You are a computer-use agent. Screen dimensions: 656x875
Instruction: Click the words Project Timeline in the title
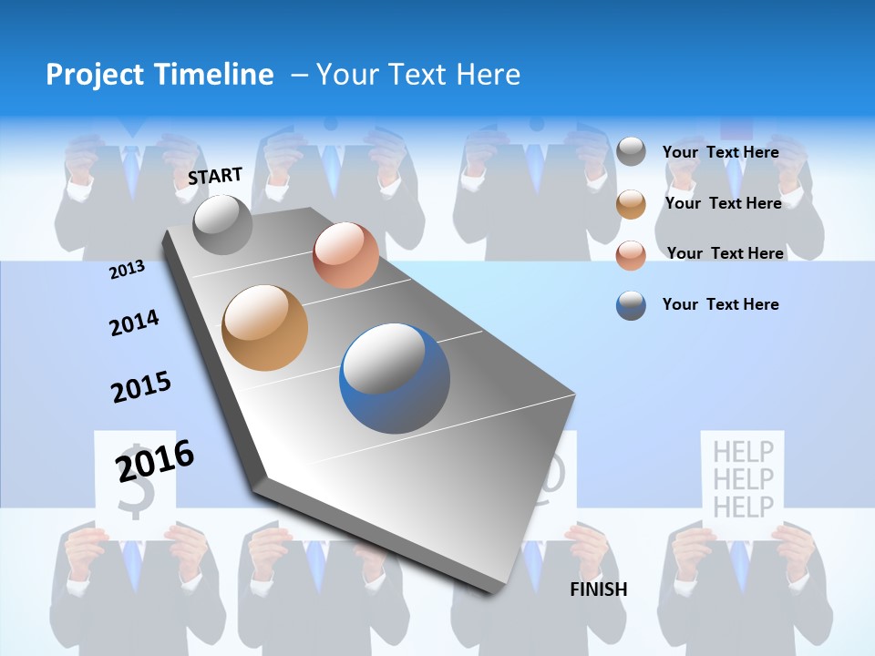tap(160, 75)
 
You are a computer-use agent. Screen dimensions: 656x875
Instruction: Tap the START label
tap(215, 176)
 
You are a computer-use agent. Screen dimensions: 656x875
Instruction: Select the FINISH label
tap(599, 589)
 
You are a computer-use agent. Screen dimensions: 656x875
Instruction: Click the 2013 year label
tap(127, 270)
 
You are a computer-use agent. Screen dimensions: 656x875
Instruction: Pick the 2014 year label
tap(134, 323)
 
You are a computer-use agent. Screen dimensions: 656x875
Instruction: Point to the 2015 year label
tap(141, 387)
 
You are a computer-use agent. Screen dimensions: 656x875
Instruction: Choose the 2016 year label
tap(155, 460)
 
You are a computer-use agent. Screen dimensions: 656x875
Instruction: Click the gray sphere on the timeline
tap(222, 224)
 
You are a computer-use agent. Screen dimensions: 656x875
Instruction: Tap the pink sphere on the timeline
tap(345, 255)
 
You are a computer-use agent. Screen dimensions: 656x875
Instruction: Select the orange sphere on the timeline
tap(265, 328)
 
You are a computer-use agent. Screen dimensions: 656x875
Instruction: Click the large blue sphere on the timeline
tap(395, 378)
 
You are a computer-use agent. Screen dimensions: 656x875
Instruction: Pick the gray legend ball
tap(631, 151)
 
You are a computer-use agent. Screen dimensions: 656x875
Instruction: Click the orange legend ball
tap(631, 204)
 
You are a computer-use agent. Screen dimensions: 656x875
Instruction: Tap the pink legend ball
tap(631, 255)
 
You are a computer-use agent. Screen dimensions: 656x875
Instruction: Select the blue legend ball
tap(631, 305)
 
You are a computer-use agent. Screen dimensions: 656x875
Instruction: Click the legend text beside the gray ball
tap(720, 152)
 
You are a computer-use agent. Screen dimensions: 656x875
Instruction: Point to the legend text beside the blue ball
tap(720, 304)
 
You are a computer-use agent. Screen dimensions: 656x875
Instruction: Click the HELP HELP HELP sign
tap(743, 478)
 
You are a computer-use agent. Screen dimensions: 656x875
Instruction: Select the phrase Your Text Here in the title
tap(418, 75)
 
